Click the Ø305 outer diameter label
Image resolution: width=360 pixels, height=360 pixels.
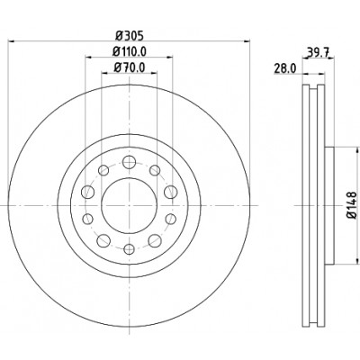tap(130, 36)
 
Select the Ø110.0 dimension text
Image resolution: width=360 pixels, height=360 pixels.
tap(130, 51)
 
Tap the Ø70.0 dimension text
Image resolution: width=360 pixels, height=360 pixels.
tap(130, 67)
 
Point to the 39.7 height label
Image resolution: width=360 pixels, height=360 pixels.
tap(318, 53)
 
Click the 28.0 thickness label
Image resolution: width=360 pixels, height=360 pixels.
tap(284, 69)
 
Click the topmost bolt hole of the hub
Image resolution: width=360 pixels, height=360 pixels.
tap(130, 162)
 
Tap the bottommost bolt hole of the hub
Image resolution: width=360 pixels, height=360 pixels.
tap(130, 248)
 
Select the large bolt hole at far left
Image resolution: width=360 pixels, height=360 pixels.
tap(88, 192)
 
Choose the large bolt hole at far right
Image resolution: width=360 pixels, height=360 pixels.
tap(170, 192)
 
